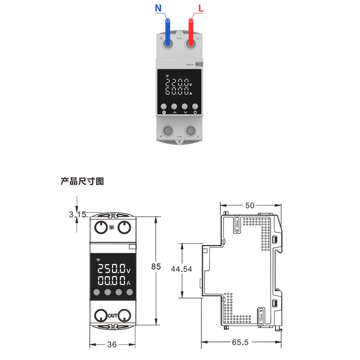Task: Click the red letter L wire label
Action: (x=201, y=8)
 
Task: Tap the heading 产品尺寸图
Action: (x=82, y=181)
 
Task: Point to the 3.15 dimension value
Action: (x=77, y=215)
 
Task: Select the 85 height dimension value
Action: (x=156, y=267)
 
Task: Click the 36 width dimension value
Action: (x=112, y=345)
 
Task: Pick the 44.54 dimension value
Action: (x=181, y=269)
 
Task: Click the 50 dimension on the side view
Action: (x=250, y=205)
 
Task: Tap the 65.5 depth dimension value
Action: (x=240, y=342)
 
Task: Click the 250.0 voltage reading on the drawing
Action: (x=111, y=269)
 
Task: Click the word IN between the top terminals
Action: (x=112, y=227)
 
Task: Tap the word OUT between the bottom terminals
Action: (x=113, y=316)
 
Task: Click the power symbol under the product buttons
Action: (x=195, y=112)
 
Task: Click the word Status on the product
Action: (x=190, y=64)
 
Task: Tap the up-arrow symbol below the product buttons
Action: (x=175, y=112)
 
